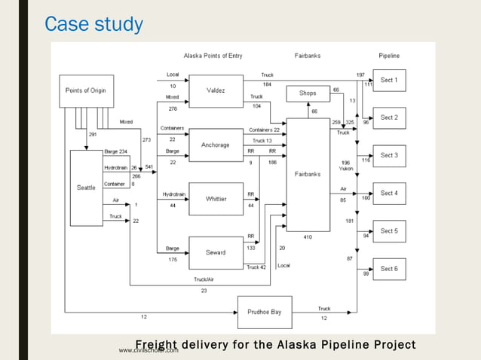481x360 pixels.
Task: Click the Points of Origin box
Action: point(87,90)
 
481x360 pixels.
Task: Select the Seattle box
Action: point(86,188)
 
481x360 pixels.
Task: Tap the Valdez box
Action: point(216,91)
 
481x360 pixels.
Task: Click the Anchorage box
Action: point(216,145)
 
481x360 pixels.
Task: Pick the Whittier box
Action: point(216,199)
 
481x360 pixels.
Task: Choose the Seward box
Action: point(216,253)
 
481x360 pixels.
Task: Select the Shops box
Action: point(308,93)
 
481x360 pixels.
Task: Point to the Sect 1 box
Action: point(389,80)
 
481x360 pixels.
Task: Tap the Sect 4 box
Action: point(389,194)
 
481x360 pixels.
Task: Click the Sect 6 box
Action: point(389,269)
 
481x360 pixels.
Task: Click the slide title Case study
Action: point(93,24)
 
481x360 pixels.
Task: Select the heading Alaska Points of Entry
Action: point(213,56)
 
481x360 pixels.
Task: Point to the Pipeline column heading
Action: point(389,56)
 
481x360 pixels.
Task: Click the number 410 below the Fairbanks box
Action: point(308,237)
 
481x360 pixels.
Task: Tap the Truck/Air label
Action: point(204,279)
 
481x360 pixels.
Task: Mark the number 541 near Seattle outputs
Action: point(149,167)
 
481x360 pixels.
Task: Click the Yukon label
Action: point(346,169)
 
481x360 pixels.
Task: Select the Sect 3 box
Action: point(389,155)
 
